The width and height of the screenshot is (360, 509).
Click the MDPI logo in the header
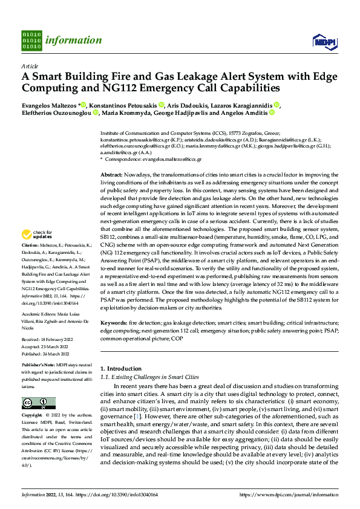(x=324, y=41)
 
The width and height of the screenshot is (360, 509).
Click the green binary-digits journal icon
(x=31, y=40)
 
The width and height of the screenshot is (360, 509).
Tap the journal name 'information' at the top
(x=73, y=41)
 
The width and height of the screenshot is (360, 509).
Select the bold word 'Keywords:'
(x=114, y=323)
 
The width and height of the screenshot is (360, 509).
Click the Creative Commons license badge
(x=38, y=403)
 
